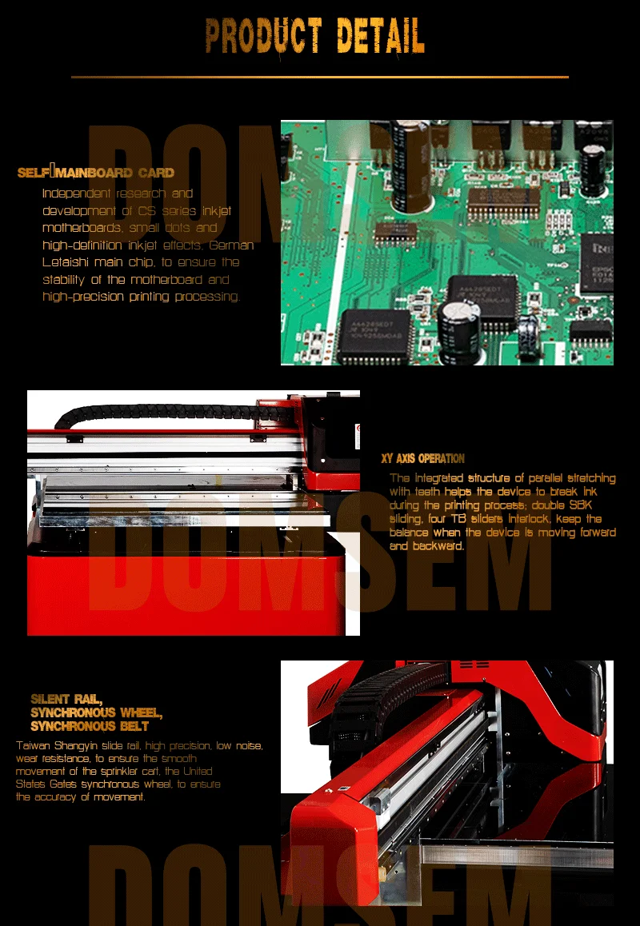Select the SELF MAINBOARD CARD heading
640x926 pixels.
[x=96, y=173]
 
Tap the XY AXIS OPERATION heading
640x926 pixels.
[x=423, y=459]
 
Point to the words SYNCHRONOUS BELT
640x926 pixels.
[x=90, y=726]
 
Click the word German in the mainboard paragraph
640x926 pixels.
[x=232, y=245]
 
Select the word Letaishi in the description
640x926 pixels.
[x=65, y=262]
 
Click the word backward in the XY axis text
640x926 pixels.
[x=437, y=546]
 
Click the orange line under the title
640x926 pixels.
[x=320, y=77]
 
